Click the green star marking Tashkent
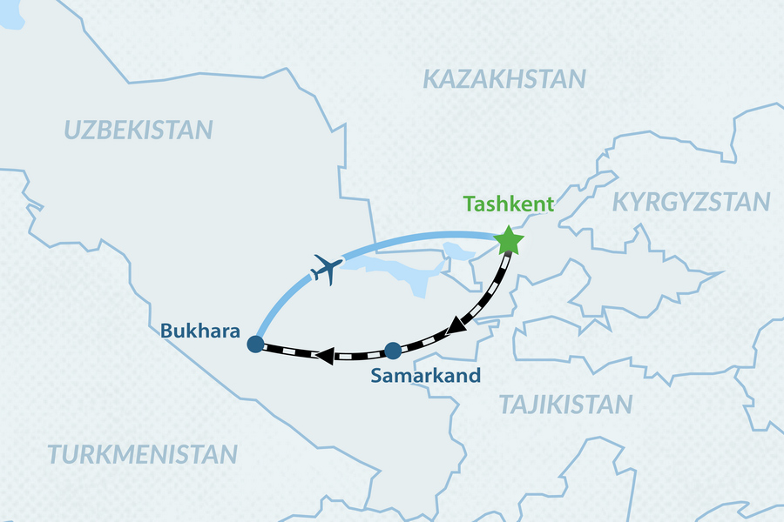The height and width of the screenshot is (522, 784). (509, 240)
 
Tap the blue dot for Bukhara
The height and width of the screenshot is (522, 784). (255, 345)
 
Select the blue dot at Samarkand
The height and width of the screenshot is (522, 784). (392, 351)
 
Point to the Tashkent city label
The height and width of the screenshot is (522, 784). (509, 204)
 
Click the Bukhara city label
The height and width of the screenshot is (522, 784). (196, 331)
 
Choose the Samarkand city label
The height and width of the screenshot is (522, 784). (426, 376)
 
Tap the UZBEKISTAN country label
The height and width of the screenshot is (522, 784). (139, 130)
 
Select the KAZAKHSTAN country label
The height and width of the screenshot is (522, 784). (504, 79)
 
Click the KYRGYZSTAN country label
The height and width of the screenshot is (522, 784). (692, 203)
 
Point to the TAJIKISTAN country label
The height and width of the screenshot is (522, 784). (565, 404)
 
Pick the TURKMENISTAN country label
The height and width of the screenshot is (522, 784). (142, 453)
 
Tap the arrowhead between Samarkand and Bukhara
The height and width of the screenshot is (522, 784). (324, 355)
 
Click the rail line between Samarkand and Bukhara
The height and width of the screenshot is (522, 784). (287, 351)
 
